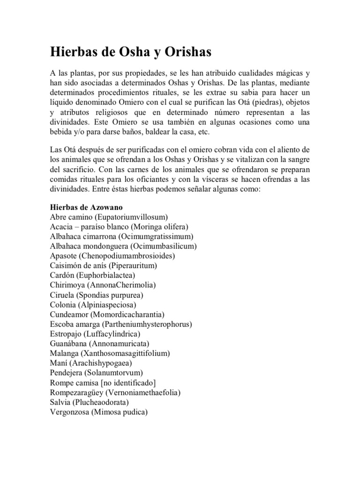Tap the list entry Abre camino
[108, 217]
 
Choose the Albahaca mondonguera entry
[123, 246]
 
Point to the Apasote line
[112, 256]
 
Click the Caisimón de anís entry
[103, 266]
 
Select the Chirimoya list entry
[103, 285]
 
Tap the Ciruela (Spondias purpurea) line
[96, 295]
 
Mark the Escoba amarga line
[120, 324]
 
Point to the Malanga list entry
[110, 353]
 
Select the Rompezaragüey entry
[115, 393]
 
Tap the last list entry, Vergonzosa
[98, 412]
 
